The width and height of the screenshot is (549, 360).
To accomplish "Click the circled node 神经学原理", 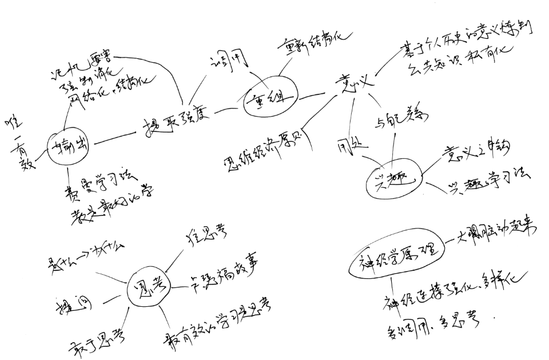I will coord(395,253).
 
